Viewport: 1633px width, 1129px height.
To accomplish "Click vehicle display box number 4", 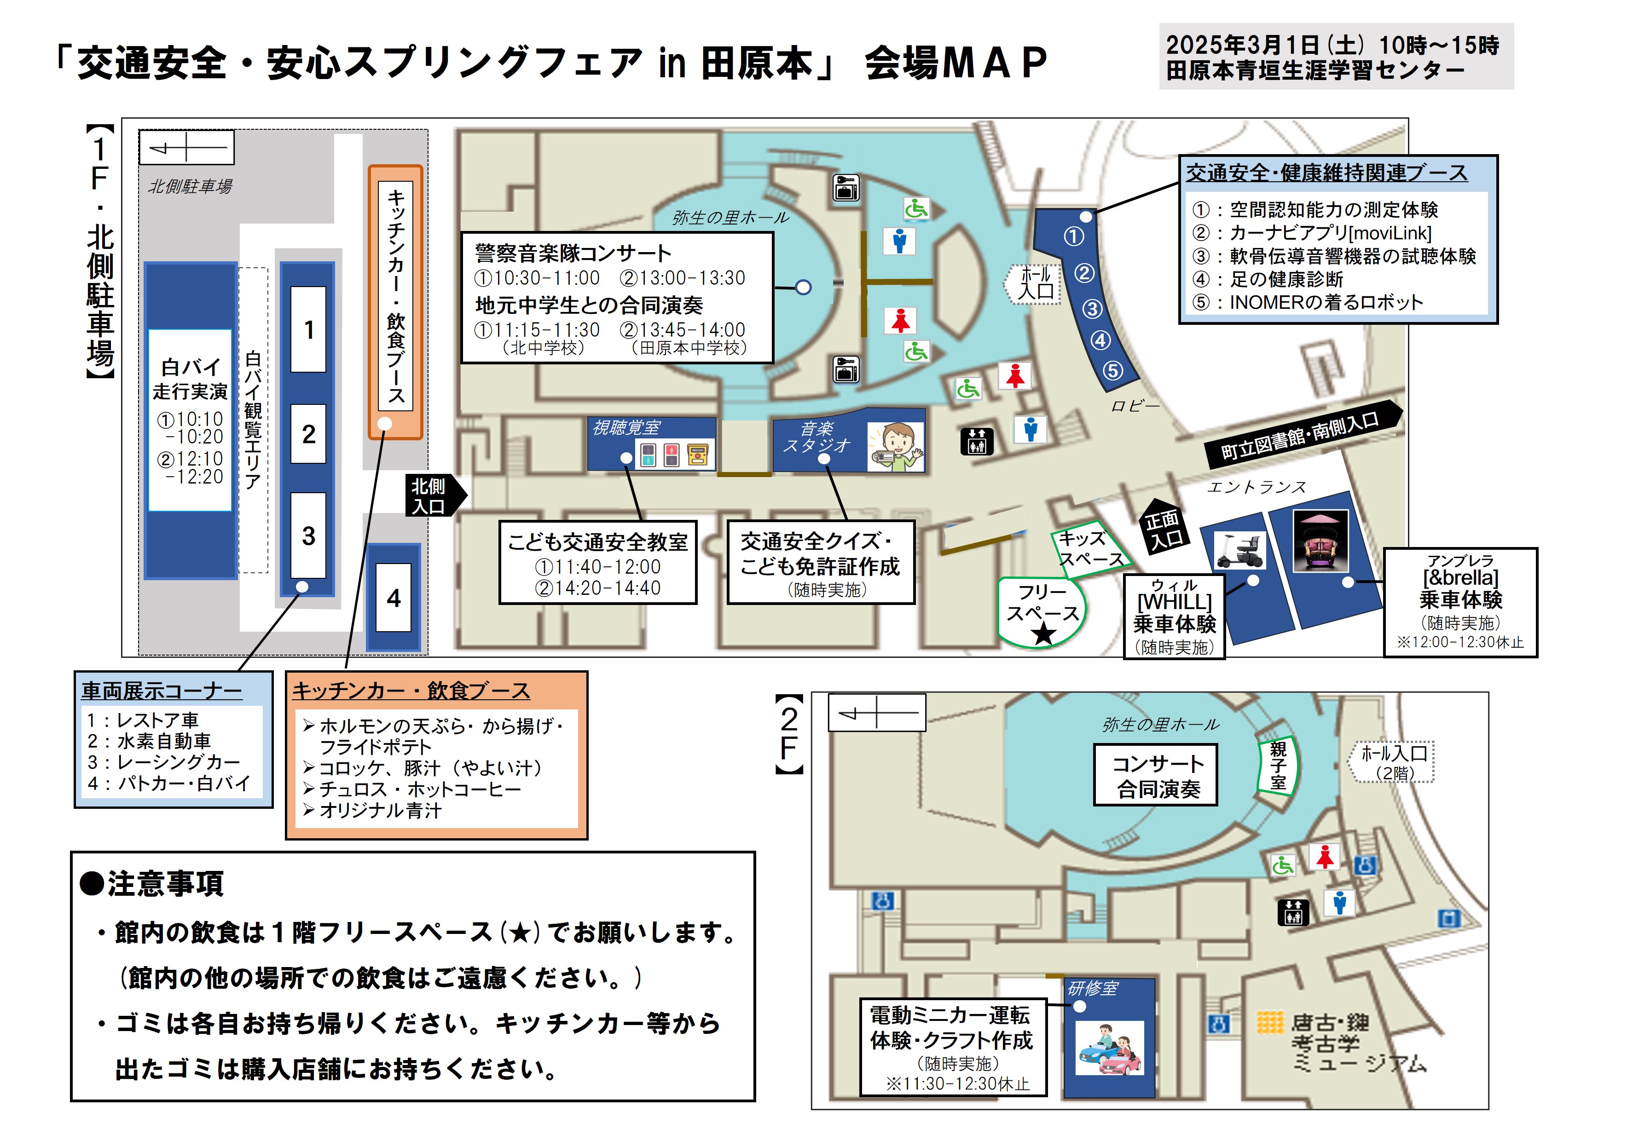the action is pyautogui.click(x=394, y=598).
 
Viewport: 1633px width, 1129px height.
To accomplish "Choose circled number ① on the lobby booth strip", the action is pyautogui.click(x=1073, y=236).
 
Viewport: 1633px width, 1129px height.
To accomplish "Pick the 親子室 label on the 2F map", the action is pyautogui.click(x=1277, y=766).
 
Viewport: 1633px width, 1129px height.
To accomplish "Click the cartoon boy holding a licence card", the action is pyautogui.click(x=896, y=447).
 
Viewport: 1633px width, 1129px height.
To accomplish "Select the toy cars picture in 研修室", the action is pyautogui.click(x=1109, y=1048).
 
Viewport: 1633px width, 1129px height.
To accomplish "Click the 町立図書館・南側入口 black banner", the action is pyautogui.click(x=1300, y=435).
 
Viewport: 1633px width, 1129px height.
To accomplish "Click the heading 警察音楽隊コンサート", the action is pyautogui.click(x=573, y=253).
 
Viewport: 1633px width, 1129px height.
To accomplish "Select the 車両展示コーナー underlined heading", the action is pyautogui.click(x=161, y=691).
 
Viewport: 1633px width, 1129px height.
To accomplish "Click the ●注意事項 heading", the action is pyautogui.click(x=152, y=883).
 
